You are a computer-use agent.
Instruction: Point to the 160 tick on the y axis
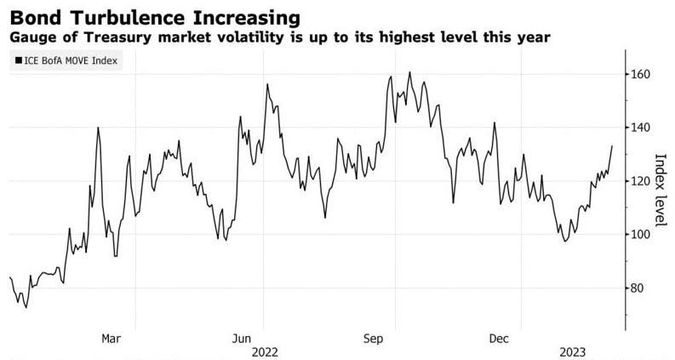[640, 75]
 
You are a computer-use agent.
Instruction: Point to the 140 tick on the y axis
[640, 128]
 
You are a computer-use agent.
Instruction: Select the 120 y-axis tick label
[640, 181]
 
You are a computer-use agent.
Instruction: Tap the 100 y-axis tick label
[640, 235]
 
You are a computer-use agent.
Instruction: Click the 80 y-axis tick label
[638, 289]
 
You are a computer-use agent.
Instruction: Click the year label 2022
[265, 351]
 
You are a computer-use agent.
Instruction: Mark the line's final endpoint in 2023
[612, 146]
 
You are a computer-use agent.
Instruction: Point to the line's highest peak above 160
[409, 72]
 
